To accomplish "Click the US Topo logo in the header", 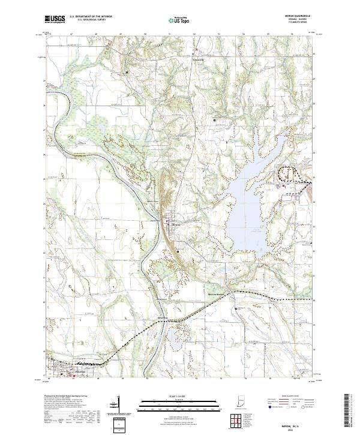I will point(177,20).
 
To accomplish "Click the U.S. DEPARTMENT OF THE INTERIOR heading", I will point(91,17).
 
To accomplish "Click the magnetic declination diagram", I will point(118,407).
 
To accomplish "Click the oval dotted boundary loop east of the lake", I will point(288,173).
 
